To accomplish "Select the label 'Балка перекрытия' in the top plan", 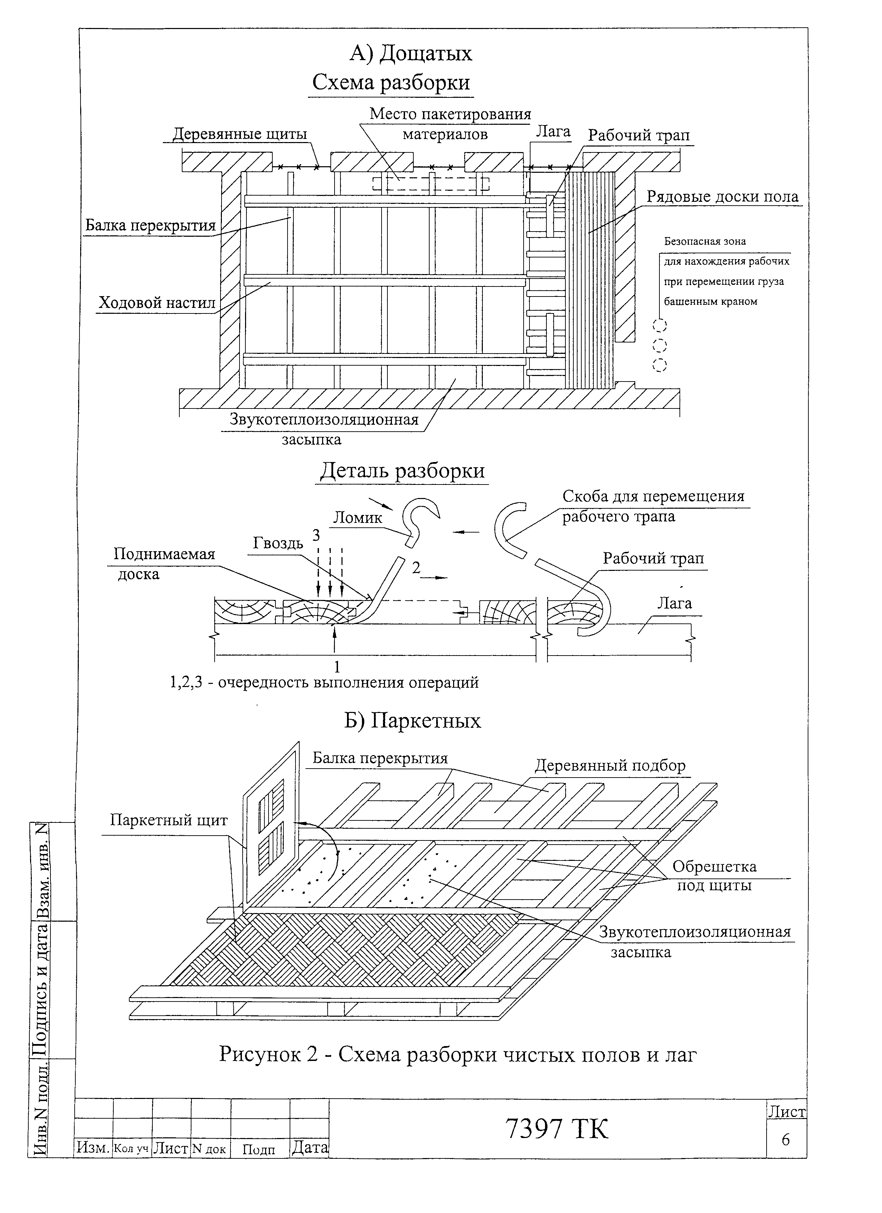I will click(x=150, y=226).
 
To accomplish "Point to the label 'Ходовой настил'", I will click(x=157, y=304).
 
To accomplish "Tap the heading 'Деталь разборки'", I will click(x=402, y=471).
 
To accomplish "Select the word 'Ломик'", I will click(x=358, y=518).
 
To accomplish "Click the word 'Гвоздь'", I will click(x=278, y=543).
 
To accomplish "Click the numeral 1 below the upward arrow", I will click(x=336, y=666).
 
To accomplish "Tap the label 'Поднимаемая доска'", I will click(x=164, y=564).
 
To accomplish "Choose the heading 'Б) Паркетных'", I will click(x=412, y=721).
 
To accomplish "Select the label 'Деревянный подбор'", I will click(x=610, y=766).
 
